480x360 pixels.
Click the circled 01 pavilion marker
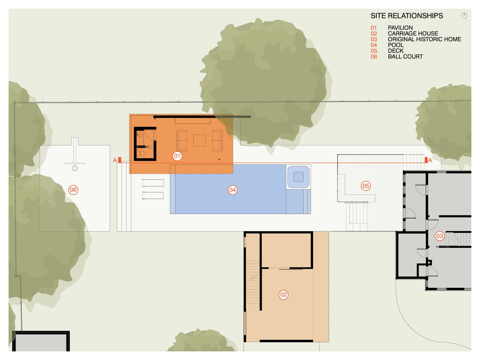point(177,156)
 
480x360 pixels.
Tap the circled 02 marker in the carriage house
point(283,295)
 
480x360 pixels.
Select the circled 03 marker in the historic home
point(440,236)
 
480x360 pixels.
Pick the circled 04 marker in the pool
point(232,190)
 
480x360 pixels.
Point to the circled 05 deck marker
point(366,186)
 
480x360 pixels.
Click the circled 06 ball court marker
point(73,190)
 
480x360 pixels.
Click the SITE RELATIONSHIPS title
point(407,16)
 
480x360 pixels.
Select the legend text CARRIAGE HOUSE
point(413,33)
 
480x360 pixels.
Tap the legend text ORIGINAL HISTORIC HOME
point(424,39)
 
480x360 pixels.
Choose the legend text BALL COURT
point(405,57)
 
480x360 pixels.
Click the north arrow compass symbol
point(464,16)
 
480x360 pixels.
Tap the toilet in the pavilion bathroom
point(141,153)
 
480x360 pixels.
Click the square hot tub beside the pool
point(298,177)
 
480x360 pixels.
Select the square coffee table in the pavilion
point(199,141)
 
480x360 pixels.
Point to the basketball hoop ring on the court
point(75,168)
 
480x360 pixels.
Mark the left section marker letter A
point(115,160)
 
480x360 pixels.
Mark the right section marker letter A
point(430,160)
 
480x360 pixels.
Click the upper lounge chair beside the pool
point(153,183)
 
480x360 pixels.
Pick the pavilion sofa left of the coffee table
point(182,141)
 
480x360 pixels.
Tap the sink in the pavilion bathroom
point(139,134)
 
